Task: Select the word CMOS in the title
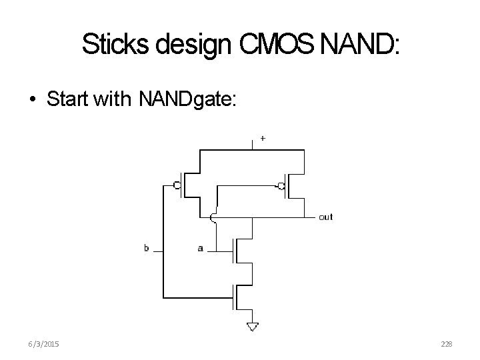point(270,45)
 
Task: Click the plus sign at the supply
point(263,139)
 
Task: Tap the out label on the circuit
point(326,217)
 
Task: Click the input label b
point(146,249)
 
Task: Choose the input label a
point(200,249)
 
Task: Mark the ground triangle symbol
point(253,326)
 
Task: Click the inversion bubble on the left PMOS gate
point(177,185)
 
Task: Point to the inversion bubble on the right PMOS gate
point(282,185)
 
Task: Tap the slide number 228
point(447,343)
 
